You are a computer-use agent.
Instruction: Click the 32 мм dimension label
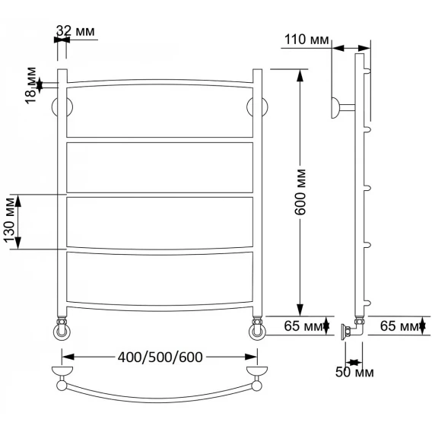pos(75,31)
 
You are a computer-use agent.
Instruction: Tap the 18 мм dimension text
pos(31,85)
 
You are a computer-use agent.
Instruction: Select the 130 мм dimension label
pos(9,221)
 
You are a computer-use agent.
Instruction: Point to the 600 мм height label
pos(300,192)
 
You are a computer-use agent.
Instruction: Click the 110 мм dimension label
pos(307,40)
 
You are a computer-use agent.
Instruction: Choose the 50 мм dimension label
pos(354,372)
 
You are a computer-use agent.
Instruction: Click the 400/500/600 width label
pos(160,357)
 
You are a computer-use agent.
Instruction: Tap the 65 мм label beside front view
pos(303,326)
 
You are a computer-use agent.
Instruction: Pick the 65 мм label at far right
pos(399,326)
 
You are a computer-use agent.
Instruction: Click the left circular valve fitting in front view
pos(62,332)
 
